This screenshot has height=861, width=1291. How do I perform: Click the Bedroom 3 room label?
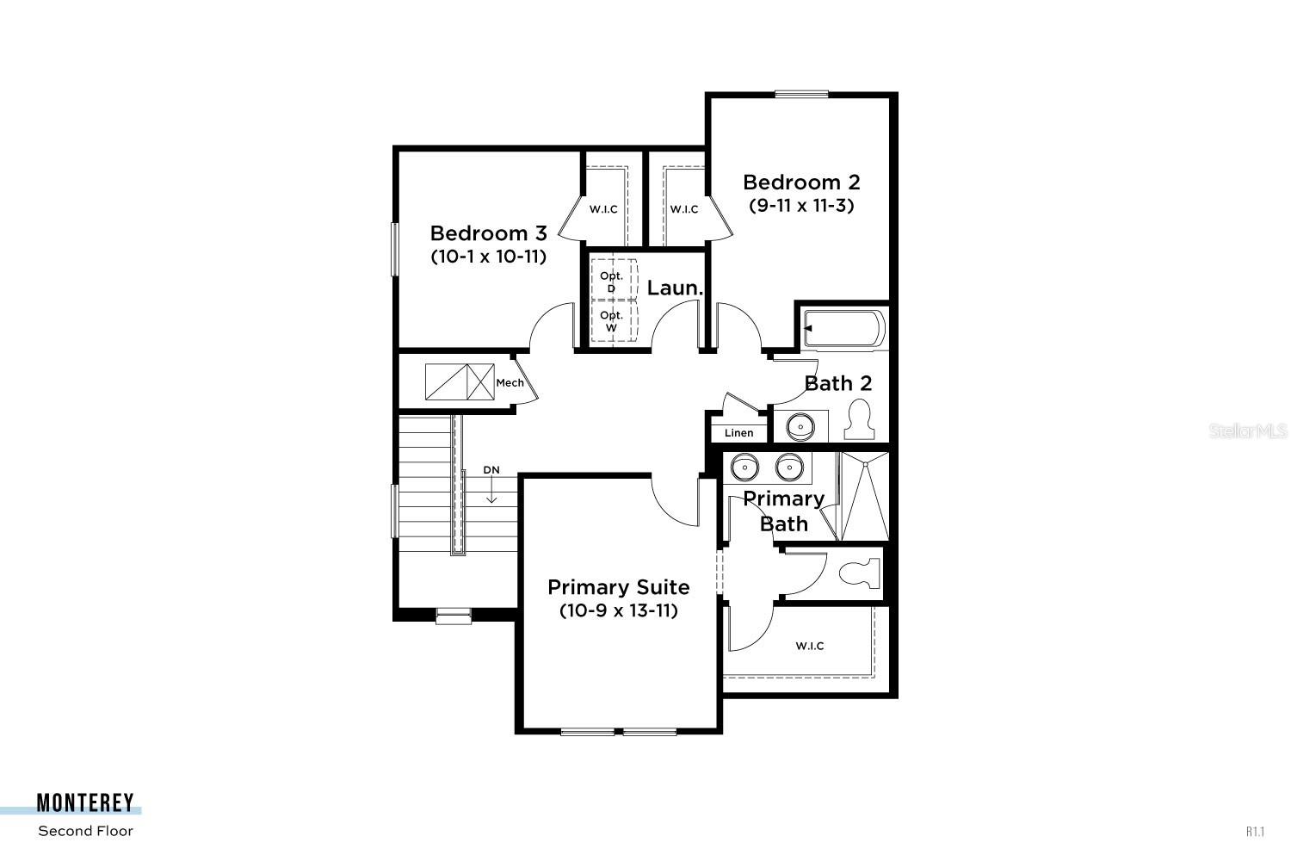coord(488,233)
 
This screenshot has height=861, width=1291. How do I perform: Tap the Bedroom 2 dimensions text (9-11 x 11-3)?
coord(801,206)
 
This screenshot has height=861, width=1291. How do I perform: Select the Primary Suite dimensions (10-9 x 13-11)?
coord(618,611)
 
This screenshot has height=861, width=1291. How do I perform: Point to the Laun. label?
coord(675,288)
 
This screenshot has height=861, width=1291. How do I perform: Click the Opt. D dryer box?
coord(612,281)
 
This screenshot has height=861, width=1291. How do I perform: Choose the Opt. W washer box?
coord(612,320)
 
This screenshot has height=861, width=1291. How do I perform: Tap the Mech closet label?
coord(510,382)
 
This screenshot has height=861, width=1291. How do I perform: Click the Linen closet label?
coord(738,433)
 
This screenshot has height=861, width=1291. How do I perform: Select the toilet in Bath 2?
coord(858,420)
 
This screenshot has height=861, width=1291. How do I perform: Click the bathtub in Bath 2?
coord(843,329)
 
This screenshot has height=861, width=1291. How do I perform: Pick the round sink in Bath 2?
coord(800,425)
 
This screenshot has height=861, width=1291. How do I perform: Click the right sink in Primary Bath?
coord(788,468)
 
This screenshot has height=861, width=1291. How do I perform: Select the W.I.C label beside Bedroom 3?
coord(603,209)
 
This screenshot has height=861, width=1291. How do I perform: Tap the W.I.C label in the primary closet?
coord(809,646)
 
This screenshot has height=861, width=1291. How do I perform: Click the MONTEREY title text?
coord(85,803)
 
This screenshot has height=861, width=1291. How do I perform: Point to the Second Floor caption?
coord(85,831)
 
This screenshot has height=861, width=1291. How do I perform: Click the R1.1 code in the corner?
coord(1256,832)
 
